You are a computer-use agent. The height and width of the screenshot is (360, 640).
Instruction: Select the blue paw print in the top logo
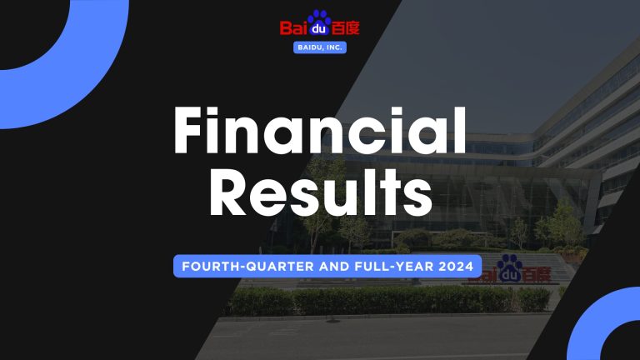coord(320,24)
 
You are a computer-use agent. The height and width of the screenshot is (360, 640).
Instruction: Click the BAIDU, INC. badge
coord(320,47)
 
